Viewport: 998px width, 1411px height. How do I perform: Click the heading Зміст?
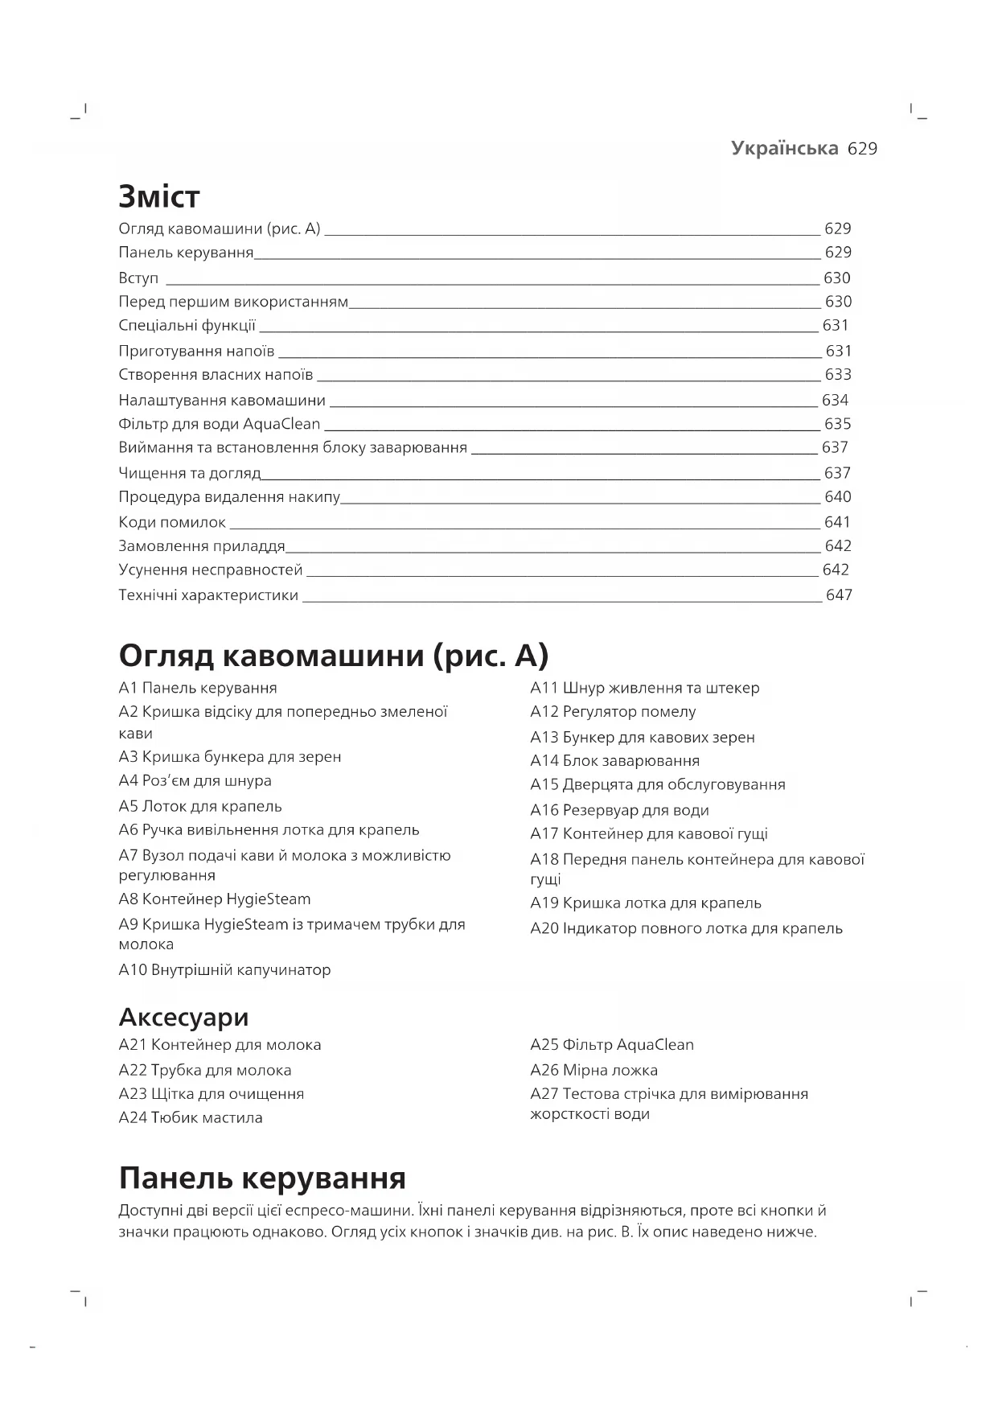click(158, 196)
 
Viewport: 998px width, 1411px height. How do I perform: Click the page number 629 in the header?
click(862, 149)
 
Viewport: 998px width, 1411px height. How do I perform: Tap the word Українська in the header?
click(785, 149)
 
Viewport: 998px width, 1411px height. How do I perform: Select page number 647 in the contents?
click(839, 595)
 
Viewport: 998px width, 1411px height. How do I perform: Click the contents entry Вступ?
click(138, 278)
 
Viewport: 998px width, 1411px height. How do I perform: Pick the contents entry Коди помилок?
click(172, 522)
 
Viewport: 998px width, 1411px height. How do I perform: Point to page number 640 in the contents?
click(838, 496)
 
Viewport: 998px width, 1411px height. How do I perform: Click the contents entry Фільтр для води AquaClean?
click(219, 424)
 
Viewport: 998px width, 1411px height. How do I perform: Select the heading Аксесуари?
click(183, 1017)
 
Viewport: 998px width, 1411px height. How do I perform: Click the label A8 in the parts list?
click(128, 899)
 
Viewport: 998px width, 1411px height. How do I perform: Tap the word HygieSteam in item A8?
click(269, 899)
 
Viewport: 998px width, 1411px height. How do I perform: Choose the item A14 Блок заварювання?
click(614, 760)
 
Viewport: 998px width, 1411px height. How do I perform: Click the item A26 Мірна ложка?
click(593, 1070)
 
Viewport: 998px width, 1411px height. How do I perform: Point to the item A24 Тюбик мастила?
click(191, 1117)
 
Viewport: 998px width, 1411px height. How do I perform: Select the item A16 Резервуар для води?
click(619, 810)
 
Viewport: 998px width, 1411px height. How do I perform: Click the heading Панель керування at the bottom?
click(262, 1178)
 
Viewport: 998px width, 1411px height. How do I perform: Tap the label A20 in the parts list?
click(544, 928)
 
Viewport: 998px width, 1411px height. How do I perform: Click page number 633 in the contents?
click(838, 374)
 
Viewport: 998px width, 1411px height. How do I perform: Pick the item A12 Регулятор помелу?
click(613, 711)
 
